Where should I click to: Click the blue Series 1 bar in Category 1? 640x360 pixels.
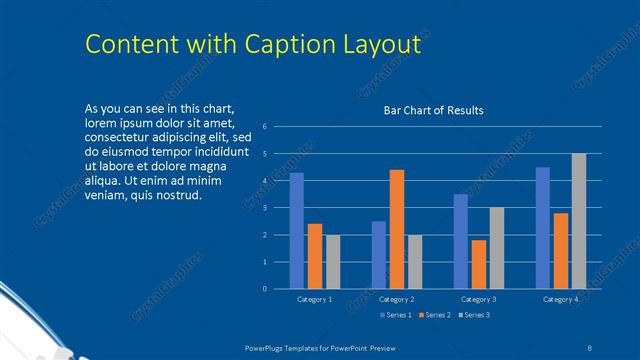pos(297,231)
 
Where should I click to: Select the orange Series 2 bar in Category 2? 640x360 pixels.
pos(397,229)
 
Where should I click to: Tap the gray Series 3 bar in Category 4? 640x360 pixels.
pos(579,221)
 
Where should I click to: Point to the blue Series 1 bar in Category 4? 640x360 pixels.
pos(543,228)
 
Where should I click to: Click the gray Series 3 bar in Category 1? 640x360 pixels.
pos(333,262)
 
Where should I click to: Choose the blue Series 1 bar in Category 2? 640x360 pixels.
pos(379,255)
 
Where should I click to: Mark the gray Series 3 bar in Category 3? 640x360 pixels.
pos(497,248)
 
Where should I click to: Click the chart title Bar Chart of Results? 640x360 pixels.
pos(434,110)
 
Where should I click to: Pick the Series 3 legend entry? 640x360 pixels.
pos(474,315)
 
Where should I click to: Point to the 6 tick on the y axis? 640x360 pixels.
pos(264,127)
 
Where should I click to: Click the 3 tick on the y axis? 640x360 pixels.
pos(264,208)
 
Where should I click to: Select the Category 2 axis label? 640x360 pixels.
pos(397,300)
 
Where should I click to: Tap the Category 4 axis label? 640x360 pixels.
pos(561,300)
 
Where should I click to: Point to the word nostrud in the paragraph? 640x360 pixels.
pos(178,194)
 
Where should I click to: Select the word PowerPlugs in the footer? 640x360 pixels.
pos(268,346)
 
